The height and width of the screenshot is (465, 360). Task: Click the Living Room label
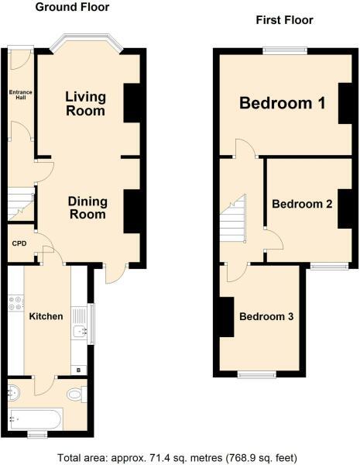pyautogui.click(x=85, y=104)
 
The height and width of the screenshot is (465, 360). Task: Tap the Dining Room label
pyautogui.click(x=87, y=207)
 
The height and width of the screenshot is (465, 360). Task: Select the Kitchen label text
pyautogui.click(x=46, y=316)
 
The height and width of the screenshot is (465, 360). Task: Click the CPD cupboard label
pyautogui.click(x=19, y=243)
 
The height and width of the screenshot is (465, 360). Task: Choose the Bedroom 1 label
pyautogui.click(x=282, y=102)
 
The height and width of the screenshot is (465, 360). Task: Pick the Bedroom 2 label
pyautogui.click(x=302, y=205)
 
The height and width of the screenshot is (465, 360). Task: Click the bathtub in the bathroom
pyautogui.click(x=33, y=419)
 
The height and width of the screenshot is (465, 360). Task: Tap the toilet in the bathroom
pyautogui.click(x=75, y=394)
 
